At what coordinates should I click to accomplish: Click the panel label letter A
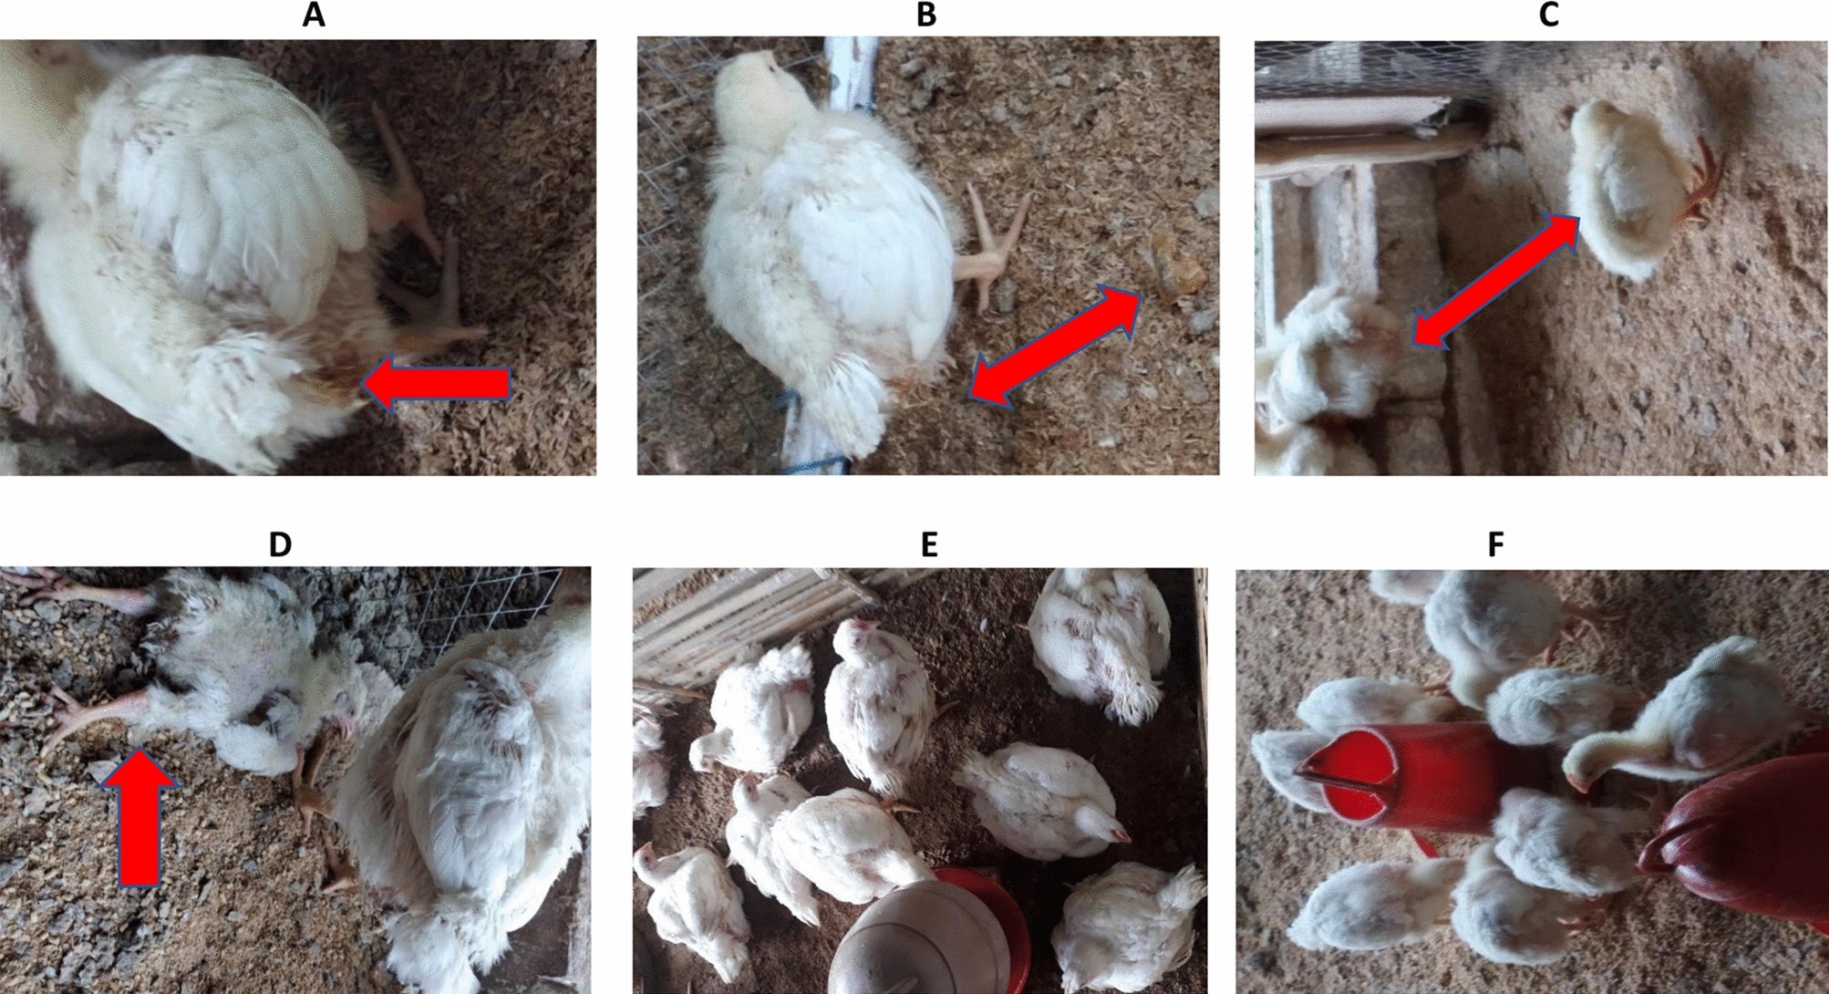[x=314, y=16]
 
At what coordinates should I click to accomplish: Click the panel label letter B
[x=926, y=16]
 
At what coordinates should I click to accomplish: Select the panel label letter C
[x=1548, y=16]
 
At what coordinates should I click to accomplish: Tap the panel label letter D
[x=280, y=544]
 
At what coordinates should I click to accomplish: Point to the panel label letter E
[x=929, y=544]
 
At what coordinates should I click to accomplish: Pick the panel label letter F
[x=1496, y=544]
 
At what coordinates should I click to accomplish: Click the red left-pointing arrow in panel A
[x=436, y=385]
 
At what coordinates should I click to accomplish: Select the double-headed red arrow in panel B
[x=1055, y=344]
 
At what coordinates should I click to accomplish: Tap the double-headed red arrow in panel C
[x=1496, y=281]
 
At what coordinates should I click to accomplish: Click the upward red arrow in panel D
[x=139, y=817]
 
